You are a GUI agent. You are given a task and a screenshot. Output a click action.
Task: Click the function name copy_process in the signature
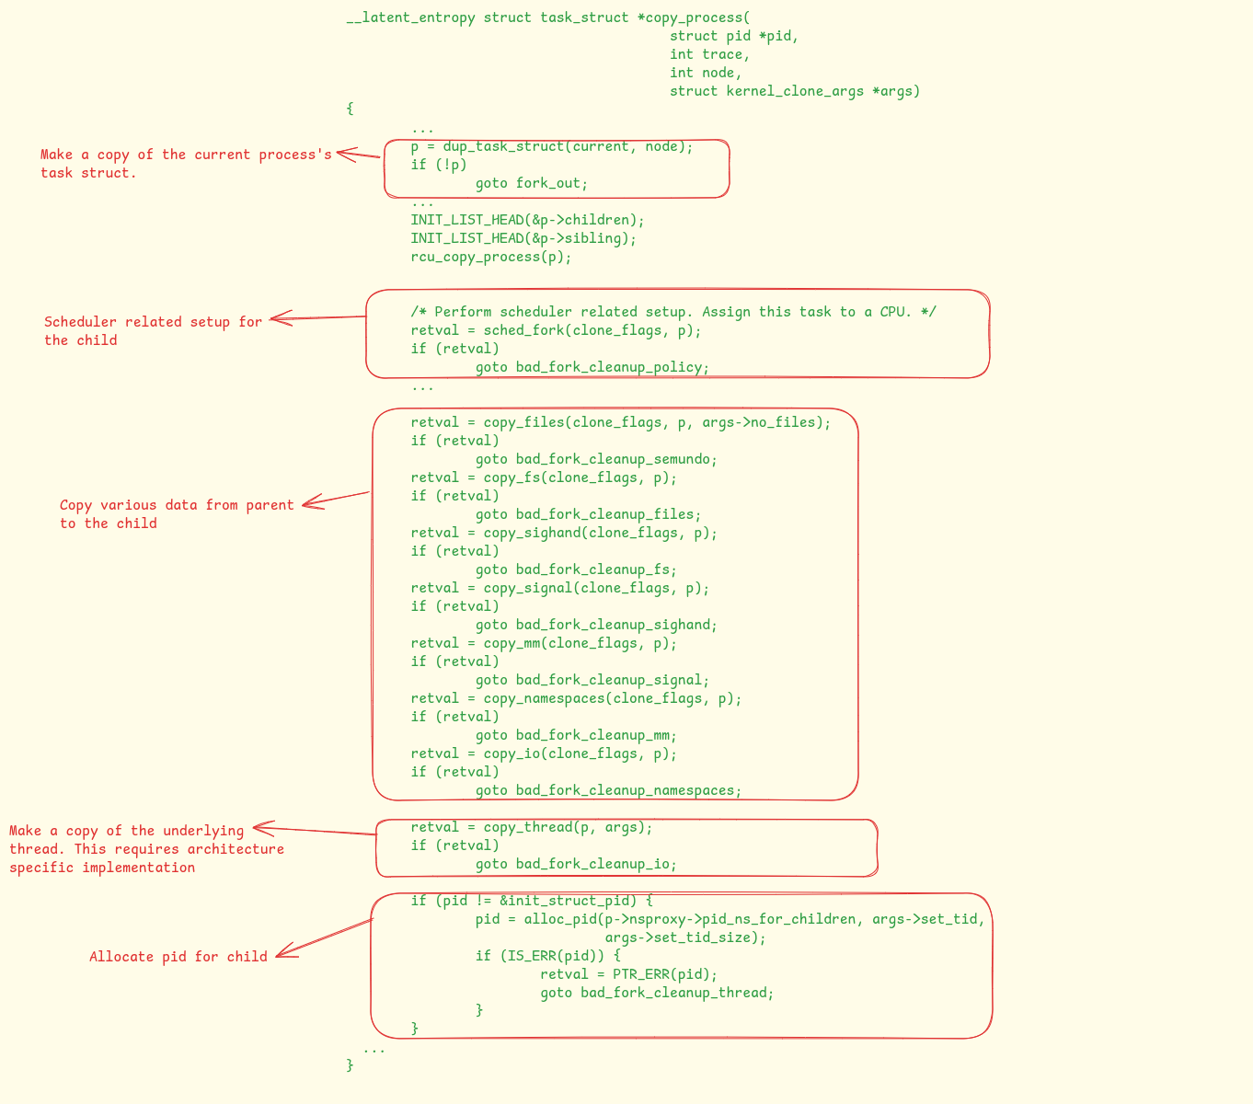[x=697, y=17]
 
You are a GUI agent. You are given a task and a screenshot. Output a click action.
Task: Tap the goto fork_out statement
[x=531, y=183]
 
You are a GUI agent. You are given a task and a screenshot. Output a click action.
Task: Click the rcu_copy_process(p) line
[x=491, y=257]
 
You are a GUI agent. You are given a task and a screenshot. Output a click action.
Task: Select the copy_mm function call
[x=512, y=643]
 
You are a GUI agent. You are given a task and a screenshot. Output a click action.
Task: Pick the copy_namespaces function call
[x=544, y=698]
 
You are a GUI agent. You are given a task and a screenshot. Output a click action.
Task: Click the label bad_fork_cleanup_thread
[x=677, y=993]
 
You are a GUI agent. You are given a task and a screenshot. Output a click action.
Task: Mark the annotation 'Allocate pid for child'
[x=178, y=957]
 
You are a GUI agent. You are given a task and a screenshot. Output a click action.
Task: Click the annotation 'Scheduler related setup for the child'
[x=153, y=331]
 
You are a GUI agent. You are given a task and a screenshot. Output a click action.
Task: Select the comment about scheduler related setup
[x=673, y=312]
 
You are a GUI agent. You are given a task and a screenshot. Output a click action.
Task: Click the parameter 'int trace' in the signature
[x=709, y=54]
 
